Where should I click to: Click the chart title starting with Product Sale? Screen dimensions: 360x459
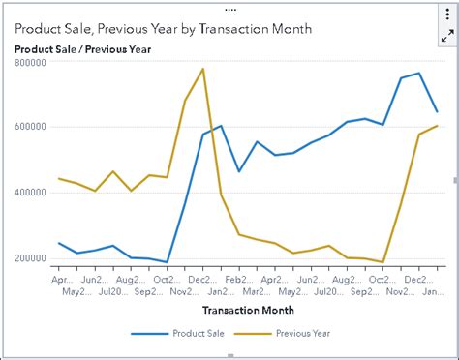point(163,29)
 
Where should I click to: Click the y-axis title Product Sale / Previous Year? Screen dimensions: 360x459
point(82,48)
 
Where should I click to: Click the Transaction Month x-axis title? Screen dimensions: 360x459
point(248,311)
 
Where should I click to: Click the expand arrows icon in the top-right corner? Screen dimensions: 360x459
point(447,35)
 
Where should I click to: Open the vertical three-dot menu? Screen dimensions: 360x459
point(447,17)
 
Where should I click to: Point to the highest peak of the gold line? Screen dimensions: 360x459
point(202,69)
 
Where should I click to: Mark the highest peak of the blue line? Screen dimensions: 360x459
point(418,73)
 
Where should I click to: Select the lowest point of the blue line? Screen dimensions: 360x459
point(167,262)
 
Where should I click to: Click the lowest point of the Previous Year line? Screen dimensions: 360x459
point(382,262)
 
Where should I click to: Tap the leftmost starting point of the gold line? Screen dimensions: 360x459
point(60,178)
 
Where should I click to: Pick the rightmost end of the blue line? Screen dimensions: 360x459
point(437,111)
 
